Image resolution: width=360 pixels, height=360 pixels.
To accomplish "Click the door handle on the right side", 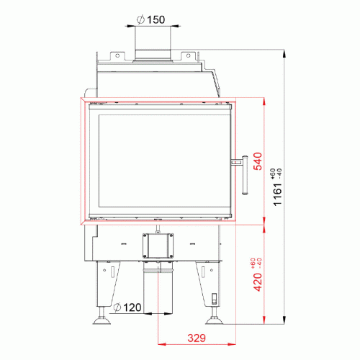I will tap(243, 173).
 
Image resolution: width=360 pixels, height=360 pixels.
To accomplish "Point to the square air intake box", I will tap(160, 247).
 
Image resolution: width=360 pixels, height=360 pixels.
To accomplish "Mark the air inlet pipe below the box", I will tap(160, 288).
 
